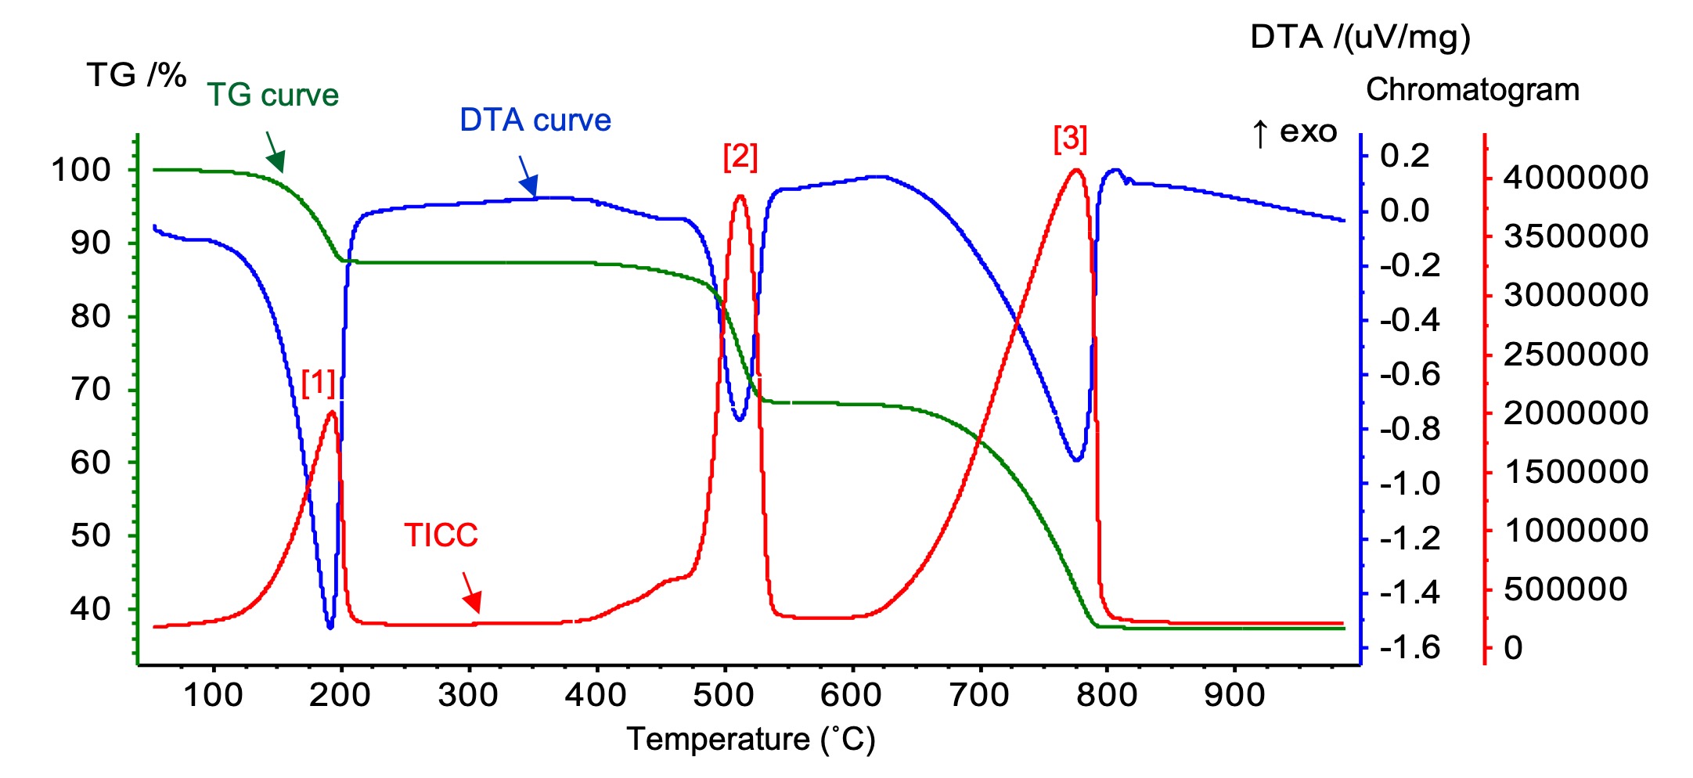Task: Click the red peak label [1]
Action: [319, 383]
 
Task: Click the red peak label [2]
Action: [740, 157]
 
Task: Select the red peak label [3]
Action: [1070, 139]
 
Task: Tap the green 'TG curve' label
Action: [272, 95]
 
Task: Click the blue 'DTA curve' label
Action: [535, 121]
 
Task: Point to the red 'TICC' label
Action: [441, 535]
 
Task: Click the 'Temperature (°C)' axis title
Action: [751, 739]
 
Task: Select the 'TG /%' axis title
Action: [136, 75]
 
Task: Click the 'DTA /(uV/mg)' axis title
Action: [1360, 37]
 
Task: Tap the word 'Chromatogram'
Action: [1472, 89]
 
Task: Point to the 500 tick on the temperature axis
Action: [724, 694]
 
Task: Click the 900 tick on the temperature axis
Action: [1234, 694]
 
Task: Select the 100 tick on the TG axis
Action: [81, 169]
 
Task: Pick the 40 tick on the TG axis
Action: [90, 608]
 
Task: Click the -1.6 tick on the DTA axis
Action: [1409, 647]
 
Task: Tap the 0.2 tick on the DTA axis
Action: [1404, 156]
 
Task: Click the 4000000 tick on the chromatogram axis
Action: [1576, 178]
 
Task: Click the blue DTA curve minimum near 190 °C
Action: [330, 625]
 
